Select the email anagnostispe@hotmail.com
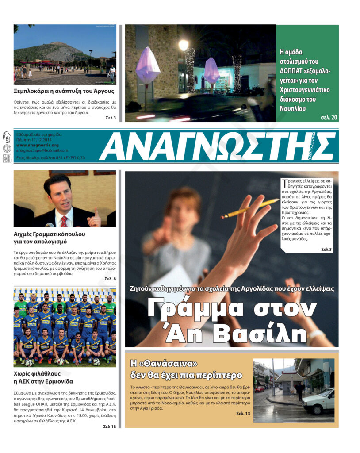coord(42,150)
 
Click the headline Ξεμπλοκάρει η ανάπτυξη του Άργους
coord(64,92)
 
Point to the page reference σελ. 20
coord(329,117)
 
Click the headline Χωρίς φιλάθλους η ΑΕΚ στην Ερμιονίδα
coord(43,377)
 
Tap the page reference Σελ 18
coord(109,426)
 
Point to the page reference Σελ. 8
coord(110,279)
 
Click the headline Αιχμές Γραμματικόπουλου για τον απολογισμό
coord(50,238)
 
